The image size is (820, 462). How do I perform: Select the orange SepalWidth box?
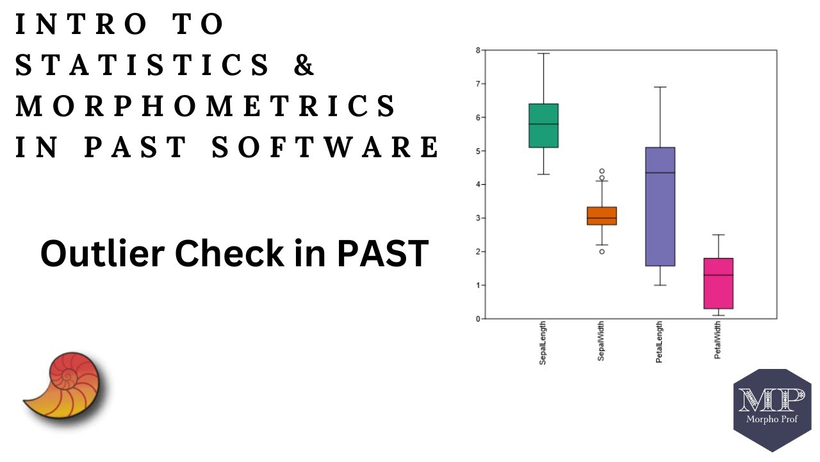[602, 216]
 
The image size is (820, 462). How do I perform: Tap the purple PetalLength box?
[660, 206]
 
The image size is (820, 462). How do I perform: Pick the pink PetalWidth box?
[718, 283]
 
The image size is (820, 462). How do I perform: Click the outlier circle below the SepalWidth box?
[602, 252]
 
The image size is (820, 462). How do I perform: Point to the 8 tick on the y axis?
[478, 50]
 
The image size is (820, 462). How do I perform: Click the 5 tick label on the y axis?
[478, 151]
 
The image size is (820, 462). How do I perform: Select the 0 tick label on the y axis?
[478, 318]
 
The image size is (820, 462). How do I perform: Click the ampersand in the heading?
[305, 65]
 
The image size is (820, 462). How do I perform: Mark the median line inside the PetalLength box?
[660, 173]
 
